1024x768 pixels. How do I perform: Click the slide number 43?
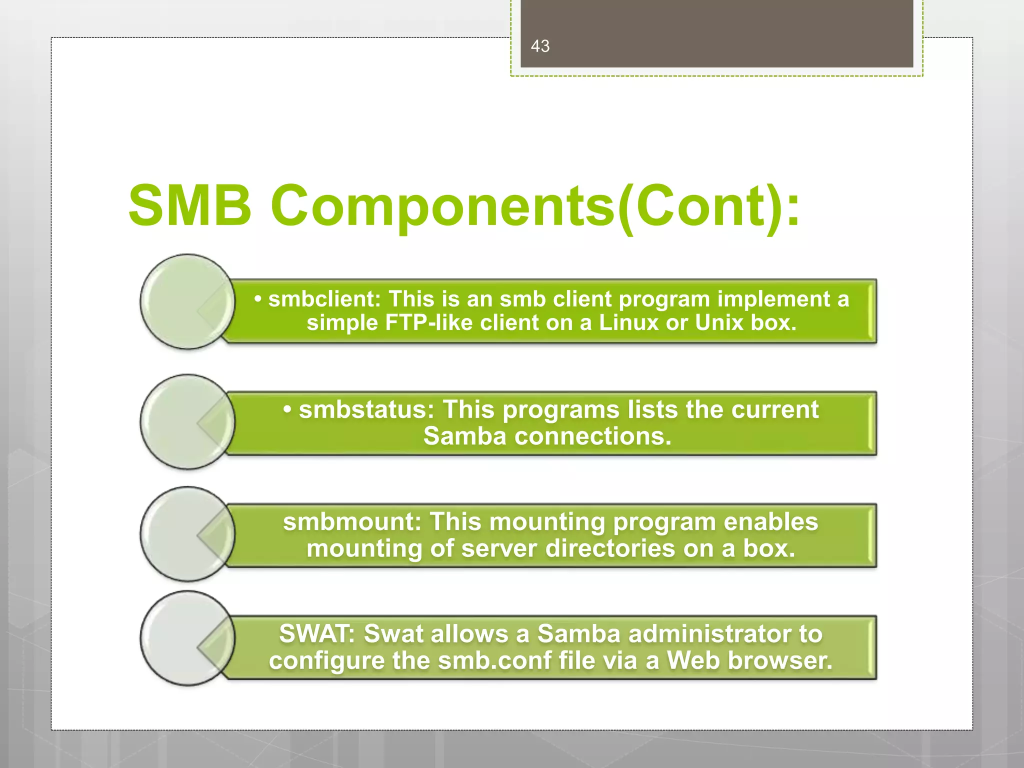coord(540,46)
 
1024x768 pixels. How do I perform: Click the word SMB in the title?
coord(189,205)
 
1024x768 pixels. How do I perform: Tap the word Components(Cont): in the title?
coord(535,205)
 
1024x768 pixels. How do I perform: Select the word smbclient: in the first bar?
coord(324,299)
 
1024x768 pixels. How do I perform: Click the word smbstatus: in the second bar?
coord(366,409)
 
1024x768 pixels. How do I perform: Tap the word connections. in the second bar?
coord(592,436)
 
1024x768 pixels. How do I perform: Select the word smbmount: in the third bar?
coord(352,521)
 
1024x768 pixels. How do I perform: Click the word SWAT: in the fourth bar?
coord(317,633)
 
